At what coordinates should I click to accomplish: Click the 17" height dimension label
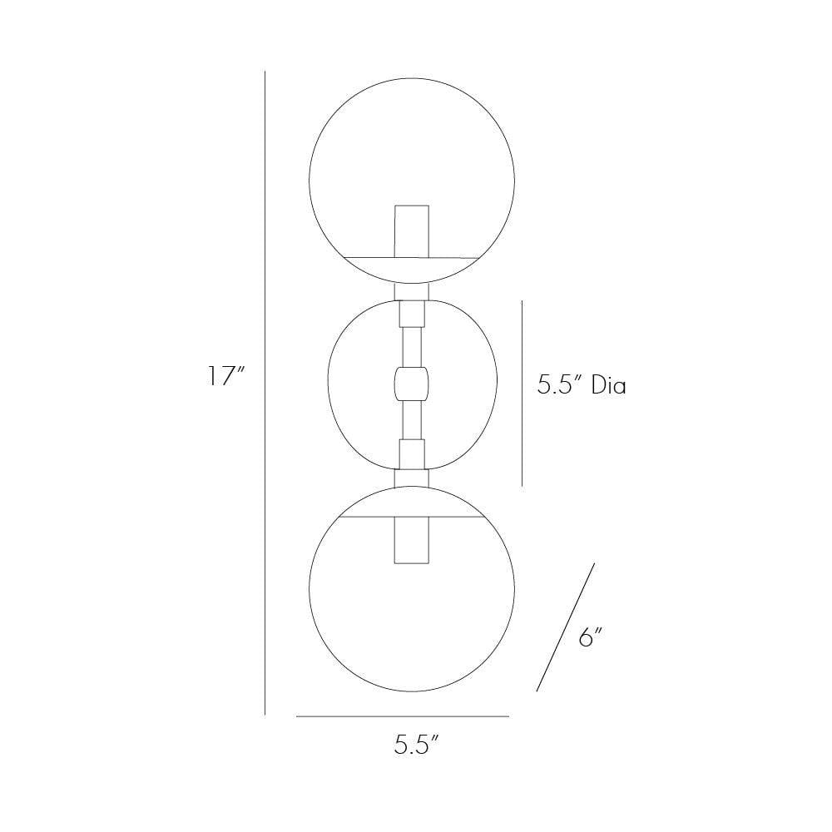(225, 377)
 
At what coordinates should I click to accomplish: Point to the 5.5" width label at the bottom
(416, 745)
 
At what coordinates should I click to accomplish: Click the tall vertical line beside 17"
(265, 391)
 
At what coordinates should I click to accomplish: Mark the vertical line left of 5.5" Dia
(522, 393)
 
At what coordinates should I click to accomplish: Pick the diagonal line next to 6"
(566, 627)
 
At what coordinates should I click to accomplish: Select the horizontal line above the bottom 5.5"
(402, 716)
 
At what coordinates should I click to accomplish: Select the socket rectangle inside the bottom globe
(412, 539)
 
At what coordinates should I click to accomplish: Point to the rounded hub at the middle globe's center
(412, 384)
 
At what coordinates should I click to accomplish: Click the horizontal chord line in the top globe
(366, 256)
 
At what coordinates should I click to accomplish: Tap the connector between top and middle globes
(412, 291)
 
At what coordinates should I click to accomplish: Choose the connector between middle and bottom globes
(412, 478)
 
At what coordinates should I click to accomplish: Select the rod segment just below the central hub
(412, 421)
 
